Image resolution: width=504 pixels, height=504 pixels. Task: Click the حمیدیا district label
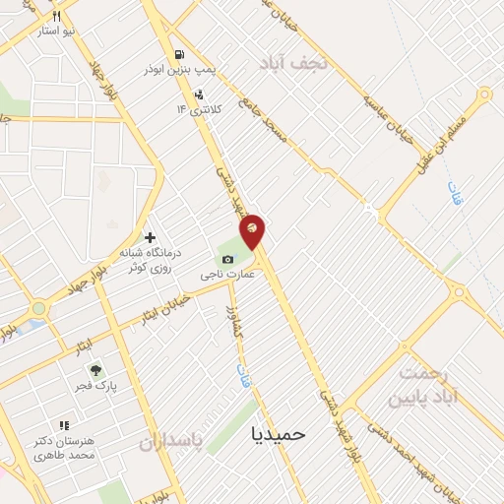coord(279,433)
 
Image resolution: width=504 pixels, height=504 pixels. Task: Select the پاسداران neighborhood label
coord(194,442)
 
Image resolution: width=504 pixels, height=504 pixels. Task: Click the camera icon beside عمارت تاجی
coord(228,260)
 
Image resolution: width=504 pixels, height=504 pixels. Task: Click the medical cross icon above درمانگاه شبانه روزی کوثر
coord(150,237)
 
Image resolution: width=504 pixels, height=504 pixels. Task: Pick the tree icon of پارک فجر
coord(95,371)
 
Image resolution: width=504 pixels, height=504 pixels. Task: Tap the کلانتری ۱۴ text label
coord(206,108)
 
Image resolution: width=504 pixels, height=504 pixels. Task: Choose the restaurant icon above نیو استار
coord(56,16)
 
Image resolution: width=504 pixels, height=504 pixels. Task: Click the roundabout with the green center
coord(37,309)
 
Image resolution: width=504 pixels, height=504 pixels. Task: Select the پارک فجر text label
coord(98,388)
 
